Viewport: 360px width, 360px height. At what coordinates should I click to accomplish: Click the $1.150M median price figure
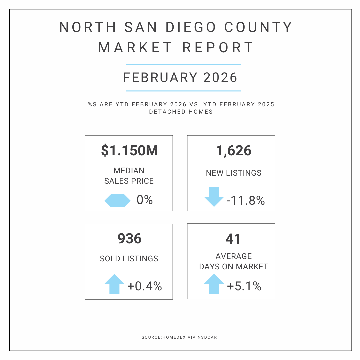pos(129,151)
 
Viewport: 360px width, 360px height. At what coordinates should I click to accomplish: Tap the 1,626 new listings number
pos(233,151)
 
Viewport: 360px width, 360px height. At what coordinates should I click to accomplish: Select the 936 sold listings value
pos(129,239)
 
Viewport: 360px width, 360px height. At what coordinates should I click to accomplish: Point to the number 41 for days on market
pos(233,239)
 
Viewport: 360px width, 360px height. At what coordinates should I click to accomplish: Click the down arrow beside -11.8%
pos(214,197)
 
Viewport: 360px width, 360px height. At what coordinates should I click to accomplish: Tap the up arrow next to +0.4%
pos(114,284)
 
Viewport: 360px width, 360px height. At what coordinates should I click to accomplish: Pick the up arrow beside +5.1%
pos(214,284)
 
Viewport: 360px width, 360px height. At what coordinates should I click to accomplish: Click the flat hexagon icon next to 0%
pos(117,200)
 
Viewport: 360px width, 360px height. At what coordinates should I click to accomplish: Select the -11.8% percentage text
pos(245,201)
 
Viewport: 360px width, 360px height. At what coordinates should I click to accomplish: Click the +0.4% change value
pos(145,286)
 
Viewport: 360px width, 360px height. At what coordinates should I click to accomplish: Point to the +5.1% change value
pos(244,286)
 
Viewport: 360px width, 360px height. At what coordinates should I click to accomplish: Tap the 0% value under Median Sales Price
pos(144,200)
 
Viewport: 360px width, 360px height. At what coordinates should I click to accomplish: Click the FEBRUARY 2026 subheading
pos(180,78)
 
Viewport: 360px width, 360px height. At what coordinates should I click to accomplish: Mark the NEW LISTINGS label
pos(234,173)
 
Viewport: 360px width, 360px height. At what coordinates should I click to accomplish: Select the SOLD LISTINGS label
pos(129,259)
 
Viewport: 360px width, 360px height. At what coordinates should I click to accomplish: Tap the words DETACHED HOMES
pos(181,112)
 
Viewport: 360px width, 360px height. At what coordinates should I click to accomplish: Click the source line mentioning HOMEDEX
pos(180,338)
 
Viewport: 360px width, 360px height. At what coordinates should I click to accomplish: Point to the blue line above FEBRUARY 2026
pos(183,64)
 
